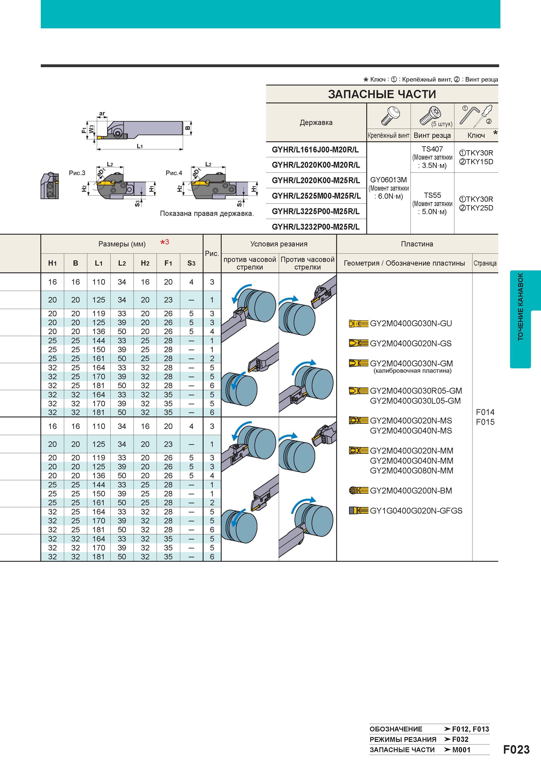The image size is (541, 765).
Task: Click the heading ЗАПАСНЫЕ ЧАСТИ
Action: [382, 94]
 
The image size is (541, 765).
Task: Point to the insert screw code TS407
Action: [432, 149]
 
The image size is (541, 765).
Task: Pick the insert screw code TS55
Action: [432, 195]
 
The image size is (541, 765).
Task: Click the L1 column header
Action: [99, 263]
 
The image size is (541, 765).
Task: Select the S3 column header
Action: [191, 263]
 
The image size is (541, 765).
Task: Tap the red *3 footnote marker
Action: [165, 242]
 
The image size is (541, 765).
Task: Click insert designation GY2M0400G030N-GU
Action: [411, 324]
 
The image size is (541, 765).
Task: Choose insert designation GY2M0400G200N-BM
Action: [411, 491]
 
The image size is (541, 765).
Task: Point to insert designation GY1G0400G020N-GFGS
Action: [416, 511]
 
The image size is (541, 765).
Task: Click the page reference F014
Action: [485, 412]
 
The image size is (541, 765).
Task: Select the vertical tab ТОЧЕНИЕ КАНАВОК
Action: [520, 307]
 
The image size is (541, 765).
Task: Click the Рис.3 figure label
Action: [77, 173]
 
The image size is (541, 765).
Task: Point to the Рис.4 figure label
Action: [174, 173]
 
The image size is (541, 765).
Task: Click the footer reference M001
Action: [461, 750]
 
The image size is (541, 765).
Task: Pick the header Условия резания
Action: [279, 244]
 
